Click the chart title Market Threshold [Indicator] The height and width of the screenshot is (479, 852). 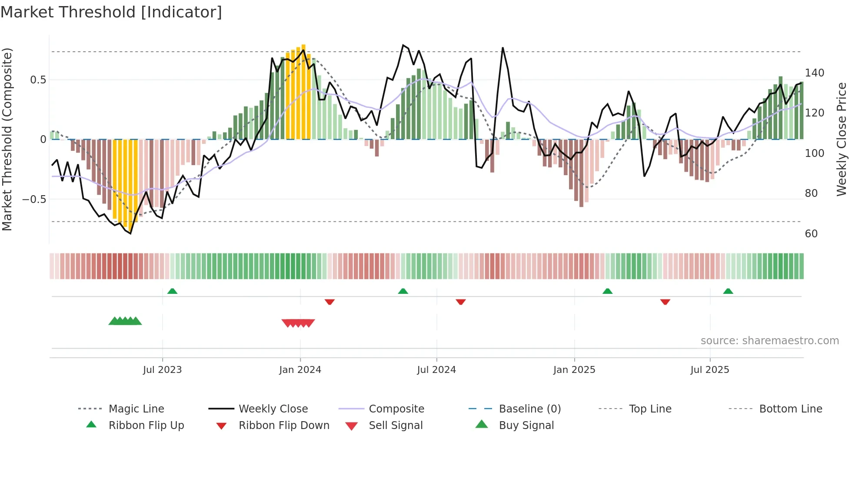(x=111, y=12)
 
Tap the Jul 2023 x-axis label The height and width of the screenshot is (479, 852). (x=162, y=370)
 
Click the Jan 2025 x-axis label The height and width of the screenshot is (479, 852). (x=574, y=370)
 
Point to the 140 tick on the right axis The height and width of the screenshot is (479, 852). (x=814, y=73)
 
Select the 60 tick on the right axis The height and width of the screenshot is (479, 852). (x=811, y=234)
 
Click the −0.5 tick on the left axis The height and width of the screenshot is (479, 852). (x=34, y=200)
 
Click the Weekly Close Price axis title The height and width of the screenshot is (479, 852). (x=842, y=139)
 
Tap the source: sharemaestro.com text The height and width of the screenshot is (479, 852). (x=769, y=341)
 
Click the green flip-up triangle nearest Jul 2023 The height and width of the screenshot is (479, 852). (x=172, y=291)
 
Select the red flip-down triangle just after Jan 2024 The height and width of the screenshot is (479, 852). (x=329, y=302)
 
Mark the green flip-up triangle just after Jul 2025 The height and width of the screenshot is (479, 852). (x=728, y=291)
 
